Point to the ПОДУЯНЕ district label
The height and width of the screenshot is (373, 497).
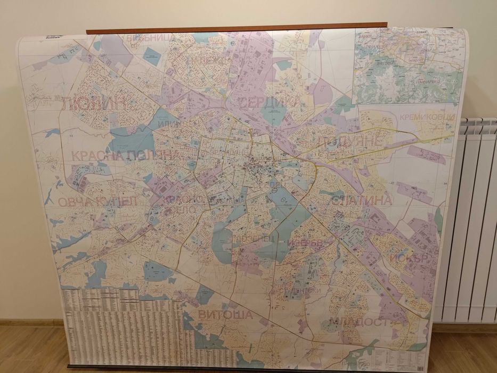coord(350,141)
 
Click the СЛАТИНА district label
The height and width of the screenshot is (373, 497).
coord(362,200)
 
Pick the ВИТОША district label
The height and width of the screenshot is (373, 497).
coord(225,315)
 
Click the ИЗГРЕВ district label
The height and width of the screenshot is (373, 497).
coord(305,242)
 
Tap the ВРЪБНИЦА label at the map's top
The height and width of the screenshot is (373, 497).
coord(136,38)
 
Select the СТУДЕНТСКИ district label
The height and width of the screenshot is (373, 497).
coord(298,291)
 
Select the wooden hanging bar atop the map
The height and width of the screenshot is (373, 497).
coord(237,28)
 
